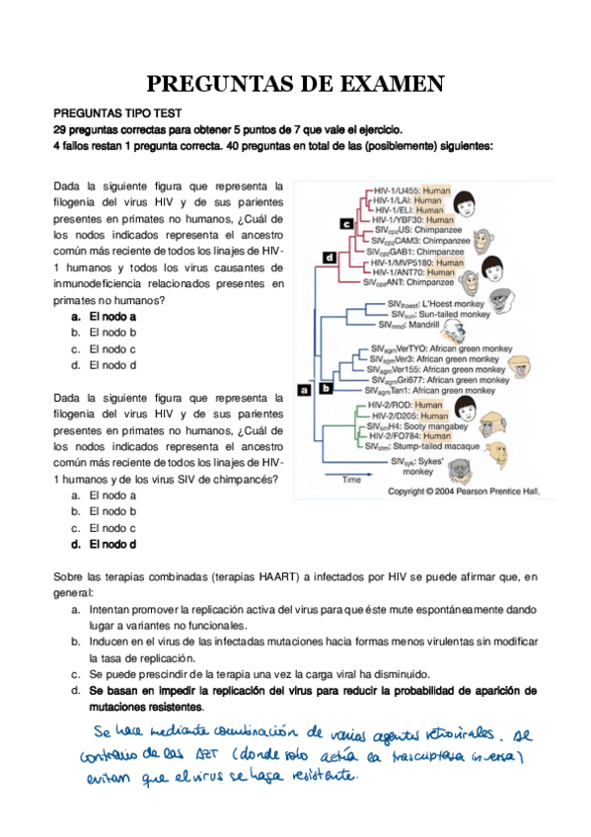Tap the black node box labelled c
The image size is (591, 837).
click(346, 224)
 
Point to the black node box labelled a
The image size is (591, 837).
click(303, 390)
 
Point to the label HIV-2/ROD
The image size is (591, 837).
click(388, 405)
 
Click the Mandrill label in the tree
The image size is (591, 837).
click(402, 323)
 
